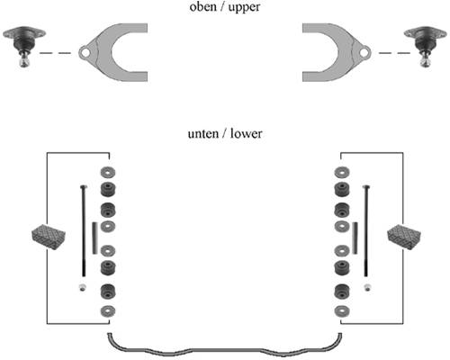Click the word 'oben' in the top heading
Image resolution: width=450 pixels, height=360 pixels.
click(203, 6)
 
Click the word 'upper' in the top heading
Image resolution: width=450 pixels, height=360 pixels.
click(244, 7)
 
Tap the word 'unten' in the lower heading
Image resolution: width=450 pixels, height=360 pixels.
click(203, 133)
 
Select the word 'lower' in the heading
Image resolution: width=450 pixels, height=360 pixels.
click(247, 133)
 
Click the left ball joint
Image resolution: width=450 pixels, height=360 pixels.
click(24, 46)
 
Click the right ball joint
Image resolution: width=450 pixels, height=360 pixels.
click(426, 46)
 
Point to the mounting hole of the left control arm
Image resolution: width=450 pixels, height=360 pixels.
click(85, 53)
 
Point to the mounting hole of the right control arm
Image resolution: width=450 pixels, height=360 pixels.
click(364, 53)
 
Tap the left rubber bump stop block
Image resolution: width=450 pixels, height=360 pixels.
click(49, 236)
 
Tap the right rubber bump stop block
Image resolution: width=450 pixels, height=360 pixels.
click(404, 236)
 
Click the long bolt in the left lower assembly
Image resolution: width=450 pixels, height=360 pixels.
click(84, 230)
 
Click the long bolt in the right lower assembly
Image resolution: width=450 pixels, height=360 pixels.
click(366, 230)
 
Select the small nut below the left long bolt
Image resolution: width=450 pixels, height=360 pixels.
click(83, 287)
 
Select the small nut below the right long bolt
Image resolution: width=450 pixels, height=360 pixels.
click(367, 287)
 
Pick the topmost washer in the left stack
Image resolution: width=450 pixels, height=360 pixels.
click(108, 172)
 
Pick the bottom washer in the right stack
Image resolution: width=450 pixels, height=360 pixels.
click(342, 311)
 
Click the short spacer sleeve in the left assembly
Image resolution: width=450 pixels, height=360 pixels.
click(94, 238)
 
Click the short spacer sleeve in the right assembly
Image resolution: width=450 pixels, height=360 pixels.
click(355, 238)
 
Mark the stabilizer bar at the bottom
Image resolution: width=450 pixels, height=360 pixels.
click(224, 350)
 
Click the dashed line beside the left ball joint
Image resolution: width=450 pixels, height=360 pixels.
click(55, 53)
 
